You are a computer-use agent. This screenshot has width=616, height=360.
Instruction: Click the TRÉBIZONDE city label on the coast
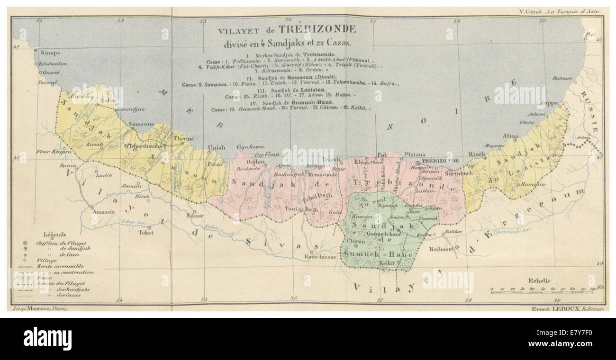(x=440, y=161)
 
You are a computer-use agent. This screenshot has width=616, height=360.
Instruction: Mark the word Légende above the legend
(x=54, y=234)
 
